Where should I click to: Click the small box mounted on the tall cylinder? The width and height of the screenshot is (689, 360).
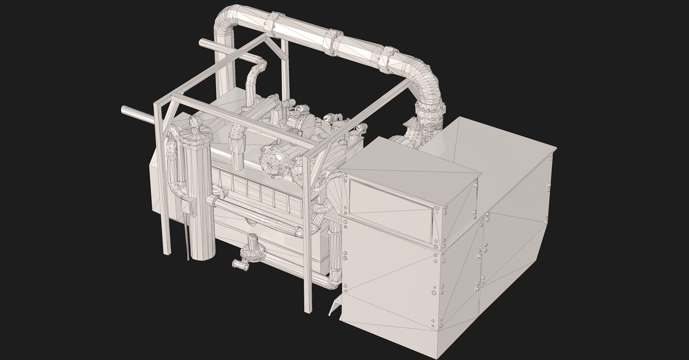tap(189, 205)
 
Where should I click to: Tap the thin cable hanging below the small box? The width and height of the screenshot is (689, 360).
tap(188, 238)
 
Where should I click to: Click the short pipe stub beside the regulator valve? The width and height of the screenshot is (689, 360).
tap(240, 265)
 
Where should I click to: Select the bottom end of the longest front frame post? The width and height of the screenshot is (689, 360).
tap(308, 309)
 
